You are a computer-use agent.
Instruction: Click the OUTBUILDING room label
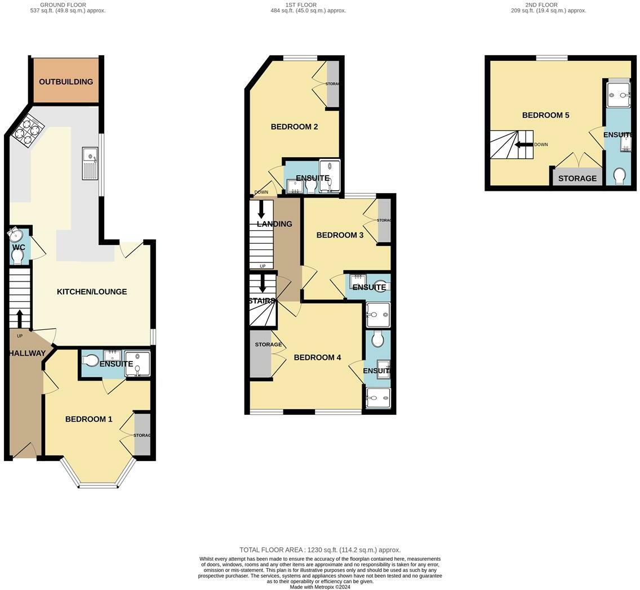coord(66,82)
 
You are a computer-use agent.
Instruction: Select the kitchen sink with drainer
coord(90,163)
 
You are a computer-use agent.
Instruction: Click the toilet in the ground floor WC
coord(17,256)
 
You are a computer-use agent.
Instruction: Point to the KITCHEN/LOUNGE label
coord(92,292)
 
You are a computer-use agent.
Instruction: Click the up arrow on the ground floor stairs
coord(20,319)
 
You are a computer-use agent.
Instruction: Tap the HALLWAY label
coord(27,353)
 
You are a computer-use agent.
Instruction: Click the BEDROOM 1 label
coord(88,419)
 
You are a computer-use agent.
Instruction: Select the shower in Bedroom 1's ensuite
coord(137,364)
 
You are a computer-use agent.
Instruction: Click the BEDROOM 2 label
coord(294,127)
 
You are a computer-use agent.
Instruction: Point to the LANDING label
coord(274,224)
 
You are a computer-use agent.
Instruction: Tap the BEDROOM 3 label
coord(340,235)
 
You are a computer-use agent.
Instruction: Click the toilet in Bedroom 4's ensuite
coord(377,338)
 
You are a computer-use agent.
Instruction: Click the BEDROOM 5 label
coord(546,115)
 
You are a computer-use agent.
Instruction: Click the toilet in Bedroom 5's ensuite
coord(620,176)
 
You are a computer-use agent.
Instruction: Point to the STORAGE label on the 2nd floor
coord(577,178)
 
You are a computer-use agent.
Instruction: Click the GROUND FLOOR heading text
coord(63,5)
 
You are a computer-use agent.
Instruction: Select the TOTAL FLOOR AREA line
coord(320,549)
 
